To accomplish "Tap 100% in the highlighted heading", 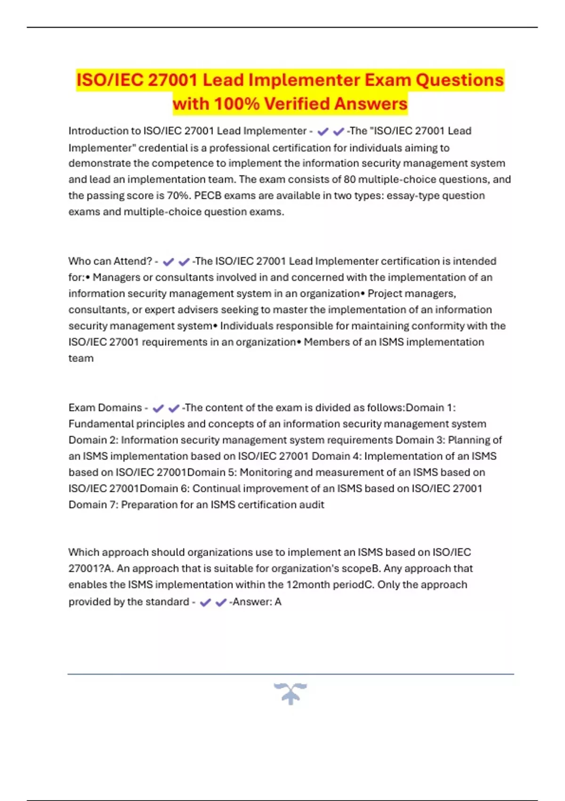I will [236, 104].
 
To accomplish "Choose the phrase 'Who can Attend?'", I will [110, 261].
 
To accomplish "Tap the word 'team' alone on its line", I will [81, 358].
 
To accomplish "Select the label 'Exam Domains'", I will [105, 408].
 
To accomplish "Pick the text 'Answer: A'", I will [257, 602].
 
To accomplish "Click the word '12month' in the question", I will [306, 585].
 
